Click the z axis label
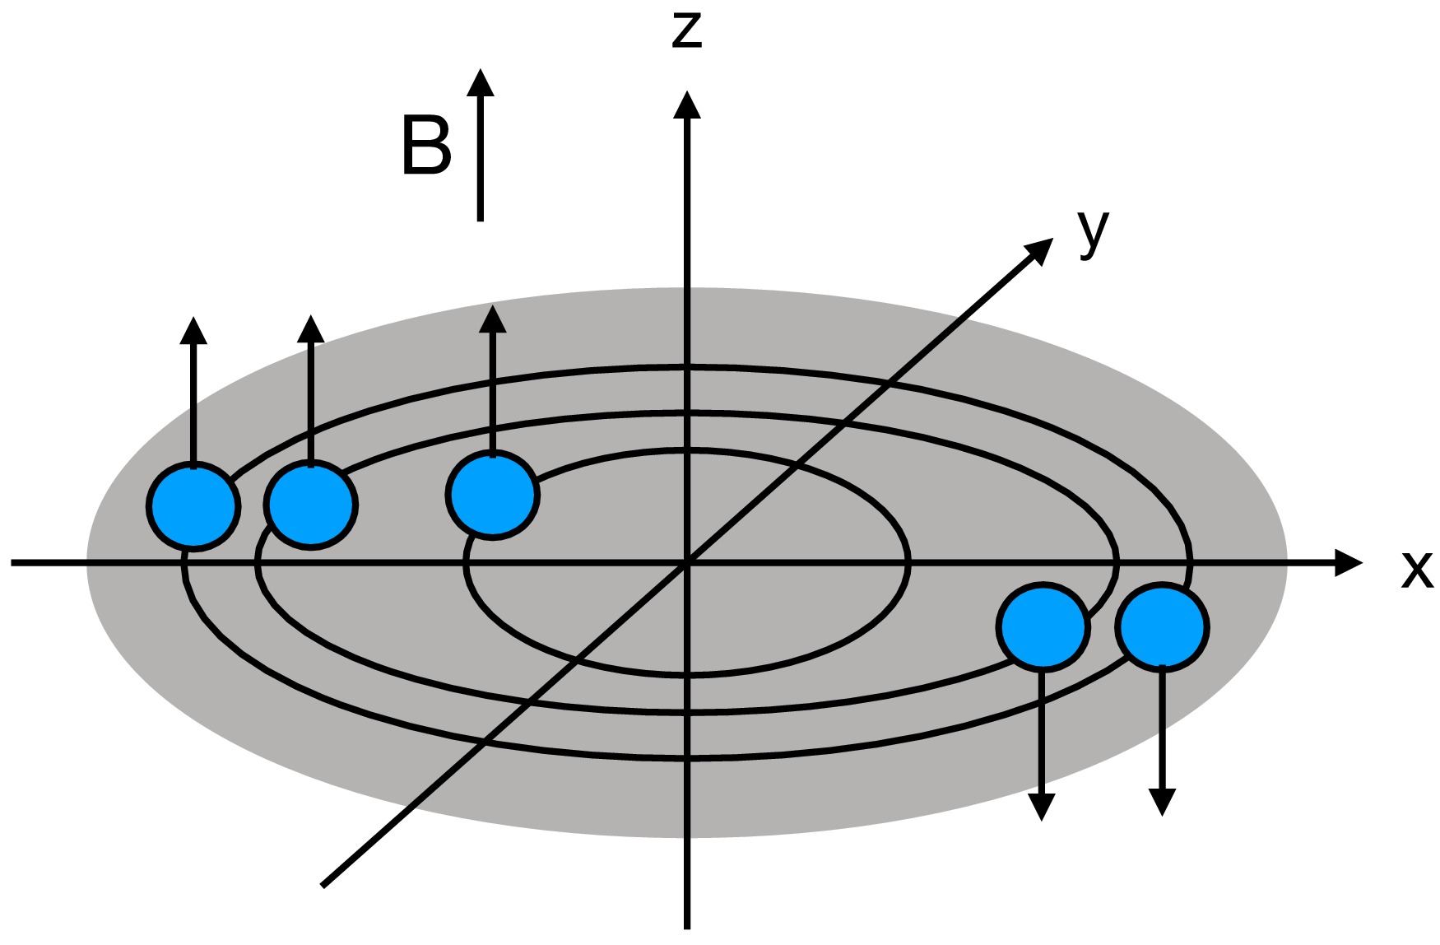(686, 29)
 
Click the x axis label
(1416, 569)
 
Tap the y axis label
(1094, 232)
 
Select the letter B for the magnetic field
(426, 147)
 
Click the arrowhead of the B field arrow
(481, 83)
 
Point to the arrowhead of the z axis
(686, 106)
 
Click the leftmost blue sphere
(194, 505)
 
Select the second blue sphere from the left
(311, 505)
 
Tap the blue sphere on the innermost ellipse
(492, 495)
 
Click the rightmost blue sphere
(1162, 626)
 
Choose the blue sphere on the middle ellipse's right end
(1043, 626)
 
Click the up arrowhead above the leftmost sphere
(193, 330)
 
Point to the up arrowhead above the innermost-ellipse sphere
(492, 320)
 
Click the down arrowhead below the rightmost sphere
(1162, 802)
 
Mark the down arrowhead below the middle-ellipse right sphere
(1043, 807)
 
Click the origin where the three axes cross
(686, 563)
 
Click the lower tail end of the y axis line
(323, 885)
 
